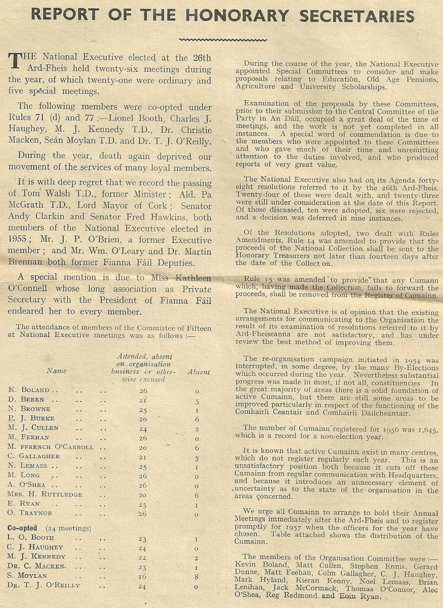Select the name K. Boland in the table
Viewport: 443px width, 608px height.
29,390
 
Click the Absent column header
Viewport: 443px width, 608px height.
199,372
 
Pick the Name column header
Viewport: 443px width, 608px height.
57,371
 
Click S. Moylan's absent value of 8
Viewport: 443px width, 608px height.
197,576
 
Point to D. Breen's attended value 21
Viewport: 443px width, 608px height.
143,400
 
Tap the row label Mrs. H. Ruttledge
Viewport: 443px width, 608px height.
45,494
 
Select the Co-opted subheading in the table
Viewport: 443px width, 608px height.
22,528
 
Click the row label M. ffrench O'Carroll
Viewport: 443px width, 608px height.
51,447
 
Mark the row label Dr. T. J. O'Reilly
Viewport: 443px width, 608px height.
44,586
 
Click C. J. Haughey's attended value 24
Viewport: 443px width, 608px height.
142,548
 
